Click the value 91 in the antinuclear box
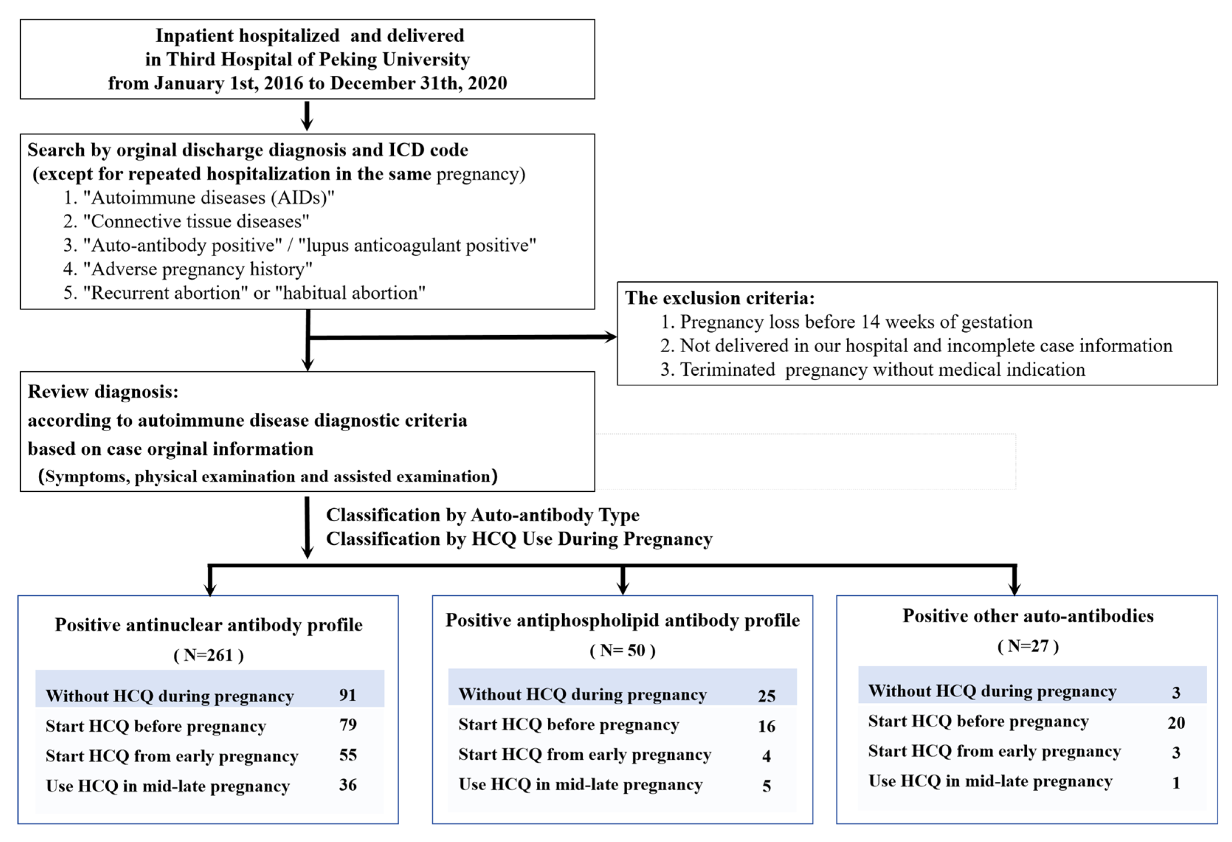point(348,695)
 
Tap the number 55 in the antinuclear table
point(348,755)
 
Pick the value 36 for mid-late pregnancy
point(348,785)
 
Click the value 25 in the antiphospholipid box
point(767,696)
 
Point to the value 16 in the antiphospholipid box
point(767,726)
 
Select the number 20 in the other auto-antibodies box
point(1176,723)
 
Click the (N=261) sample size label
point(209,655)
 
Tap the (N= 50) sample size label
point(623,650)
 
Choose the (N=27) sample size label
point(1028,646)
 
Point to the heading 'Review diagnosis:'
point(103,392)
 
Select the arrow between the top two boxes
point(307,116)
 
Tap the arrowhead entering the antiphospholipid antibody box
point(624,588)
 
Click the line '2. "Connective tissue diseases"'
point(186,221)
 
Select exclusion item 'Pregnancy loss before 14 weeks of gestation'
point(856,322)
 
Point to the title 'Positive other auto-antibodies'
point(1028,616)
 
